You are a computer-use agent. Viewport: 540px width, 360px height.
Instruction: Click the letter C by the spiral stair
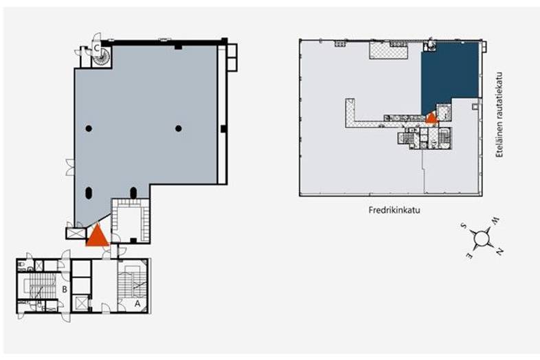coord(97,48)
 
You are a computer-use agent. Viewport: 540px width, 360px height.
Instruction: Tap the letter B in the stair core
coord(65,289)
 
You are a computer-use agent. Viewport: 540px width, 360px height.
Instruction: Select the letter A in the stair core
coord(137,304)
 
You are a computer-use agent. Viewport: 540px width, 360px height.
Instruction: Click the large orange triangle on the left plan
coord(98,234)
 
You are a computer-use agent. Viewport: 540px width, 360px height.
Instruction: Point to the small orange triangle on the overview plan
coord(432,117)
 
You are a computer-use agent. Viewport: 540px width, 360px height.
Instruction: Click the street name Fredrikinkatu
coord(394,210)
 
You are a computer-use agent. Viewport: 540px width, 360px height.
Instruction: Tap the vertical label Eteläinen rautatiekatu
coord(499,115)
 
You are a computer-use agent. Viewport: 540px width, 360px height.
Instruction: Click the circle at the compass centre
coord(481,238)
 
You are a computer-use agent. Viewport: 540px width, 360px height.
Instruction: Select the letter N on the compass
coord(499,252)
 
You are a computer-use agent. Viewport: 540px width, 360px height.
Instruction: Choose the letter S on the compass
coord(464,225)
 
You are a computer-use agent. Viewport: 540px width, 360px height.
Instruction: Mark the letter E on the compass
coord(469,256)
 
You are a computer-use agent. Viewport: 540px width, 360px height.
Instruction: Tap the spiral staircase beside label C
coord(101,57)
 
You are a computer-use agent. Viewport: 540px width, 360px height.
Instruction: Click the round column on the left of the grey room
coord(89,128)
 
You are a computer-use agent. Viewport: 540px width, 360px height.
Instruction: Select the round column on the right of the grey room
coord(179,128)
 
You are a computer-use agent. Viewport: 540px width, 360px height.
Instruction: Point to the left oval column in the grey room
coord(89,193)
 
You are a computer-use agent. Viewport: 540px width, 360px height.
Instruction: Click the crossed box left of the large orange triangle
coord(76,233)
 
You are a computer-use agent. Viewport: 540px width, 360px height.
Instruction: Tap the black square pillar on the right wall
coord(223,128)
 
